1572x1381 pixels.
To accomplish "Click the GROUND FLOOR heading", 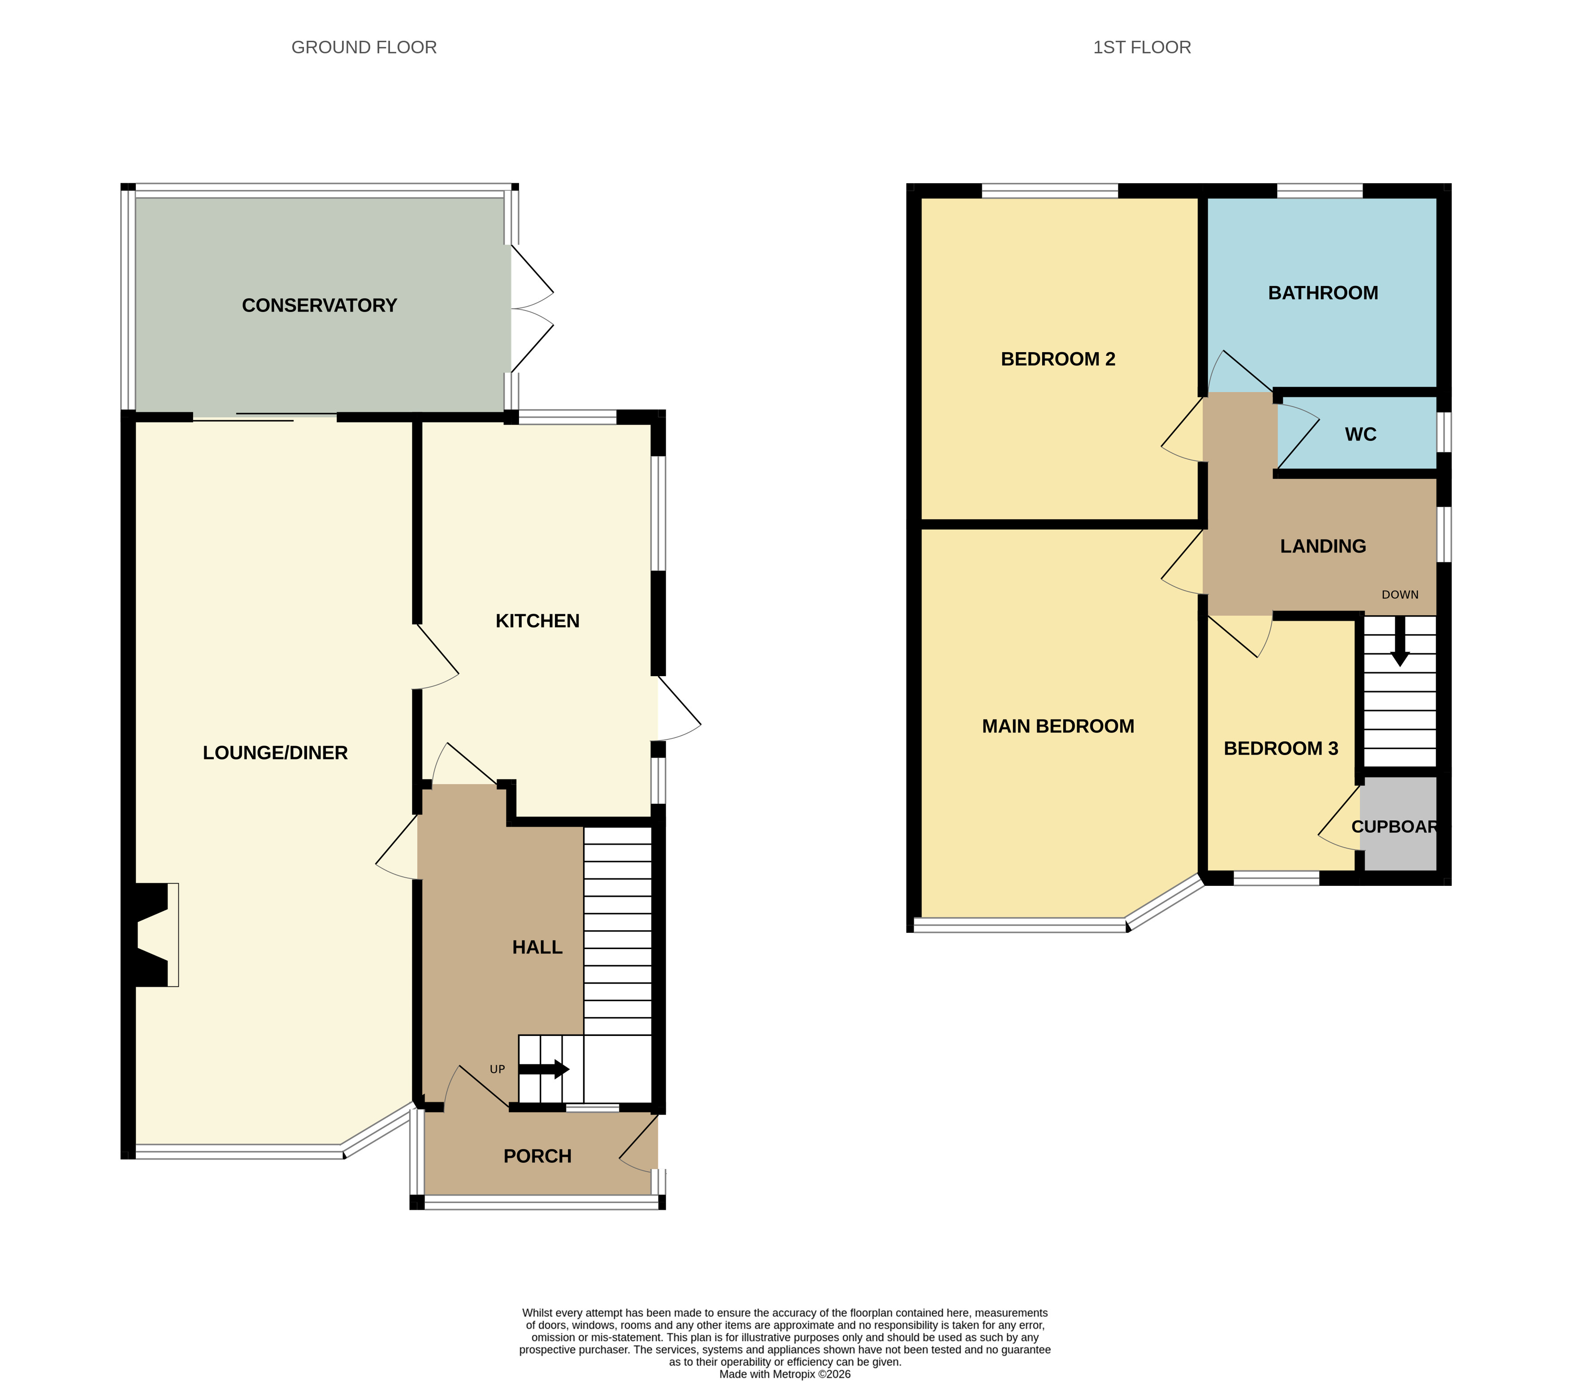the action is [x=364, y=47].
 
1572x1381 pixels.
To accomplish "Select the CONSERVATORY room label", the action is [x=319, y=305].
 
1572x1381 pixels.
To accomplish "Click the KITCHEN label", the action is [x=537, y=621].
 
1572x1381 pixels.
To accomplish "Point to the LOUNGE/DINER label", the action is [x=275, y=753].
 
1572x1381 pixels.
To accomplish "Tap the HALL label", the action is [x=537, y=947].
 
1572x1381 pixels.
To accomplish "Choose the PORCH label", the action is [x=537, y=1157].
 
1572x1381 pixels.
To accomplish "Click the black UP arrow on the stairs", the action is [x=544, y=1069].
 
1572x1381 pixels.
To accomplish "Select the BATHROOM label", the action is [x=1323, y=293].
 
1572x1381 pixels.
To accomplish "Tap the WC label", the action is [x=1360, y=435].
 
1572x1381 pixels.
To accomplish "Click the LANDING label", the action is [x=1323, y=546].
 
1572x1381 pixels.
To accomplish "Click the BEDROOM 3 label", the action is [x=1281, y=748].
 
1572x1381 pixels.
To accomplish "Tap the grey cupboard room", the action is [x=1398, y=824].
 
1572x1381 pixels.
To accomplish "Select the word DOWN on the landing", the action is [x=1400, y=594].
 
